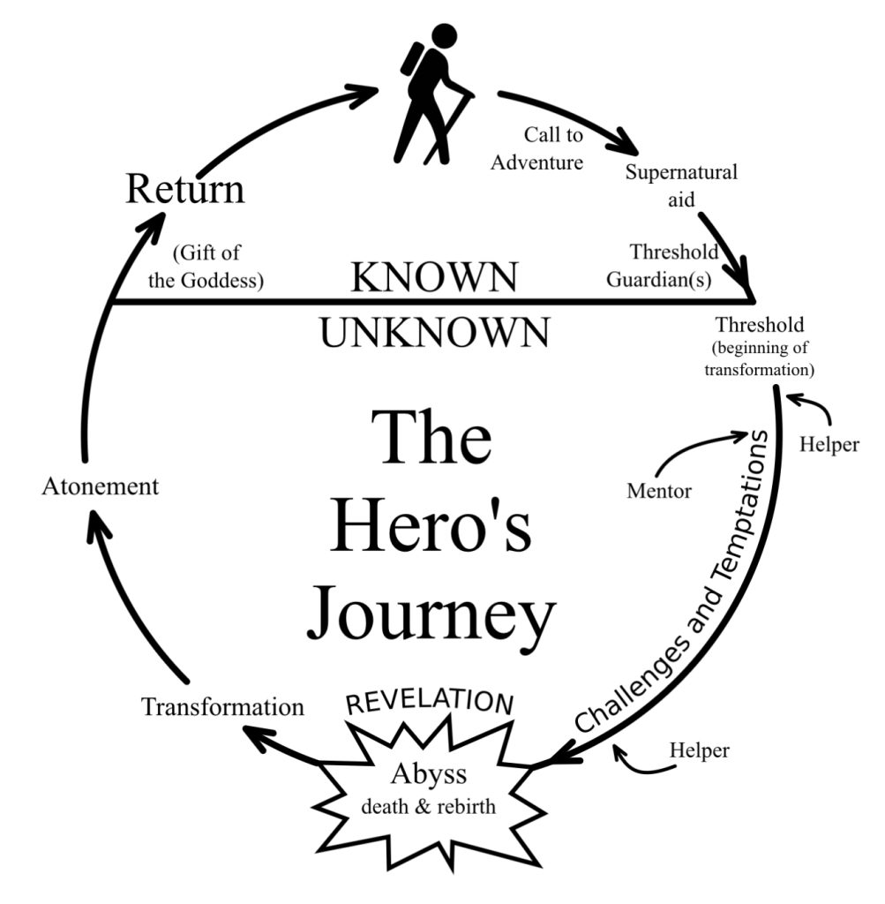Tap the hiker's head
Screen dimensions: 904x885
coord(444,37)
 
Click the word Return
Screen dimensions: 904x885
coord(184,189)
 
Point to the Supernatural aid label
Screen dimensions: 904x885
coord(681,184)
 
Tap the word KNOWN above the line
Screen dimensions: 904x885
coord(434,277)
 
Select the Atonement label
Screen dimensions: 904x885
coord(100,486)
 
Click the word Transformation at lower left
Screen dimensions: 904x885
coord(222,706)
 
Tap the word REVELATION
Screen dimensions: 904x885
coord(429,700)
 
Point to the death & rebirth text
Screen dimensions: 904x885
coord(428,808)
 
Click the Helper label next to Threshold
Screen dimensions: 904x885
coord(828,444)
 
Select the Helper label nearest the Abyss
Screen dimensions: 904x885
coord(700,750)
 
